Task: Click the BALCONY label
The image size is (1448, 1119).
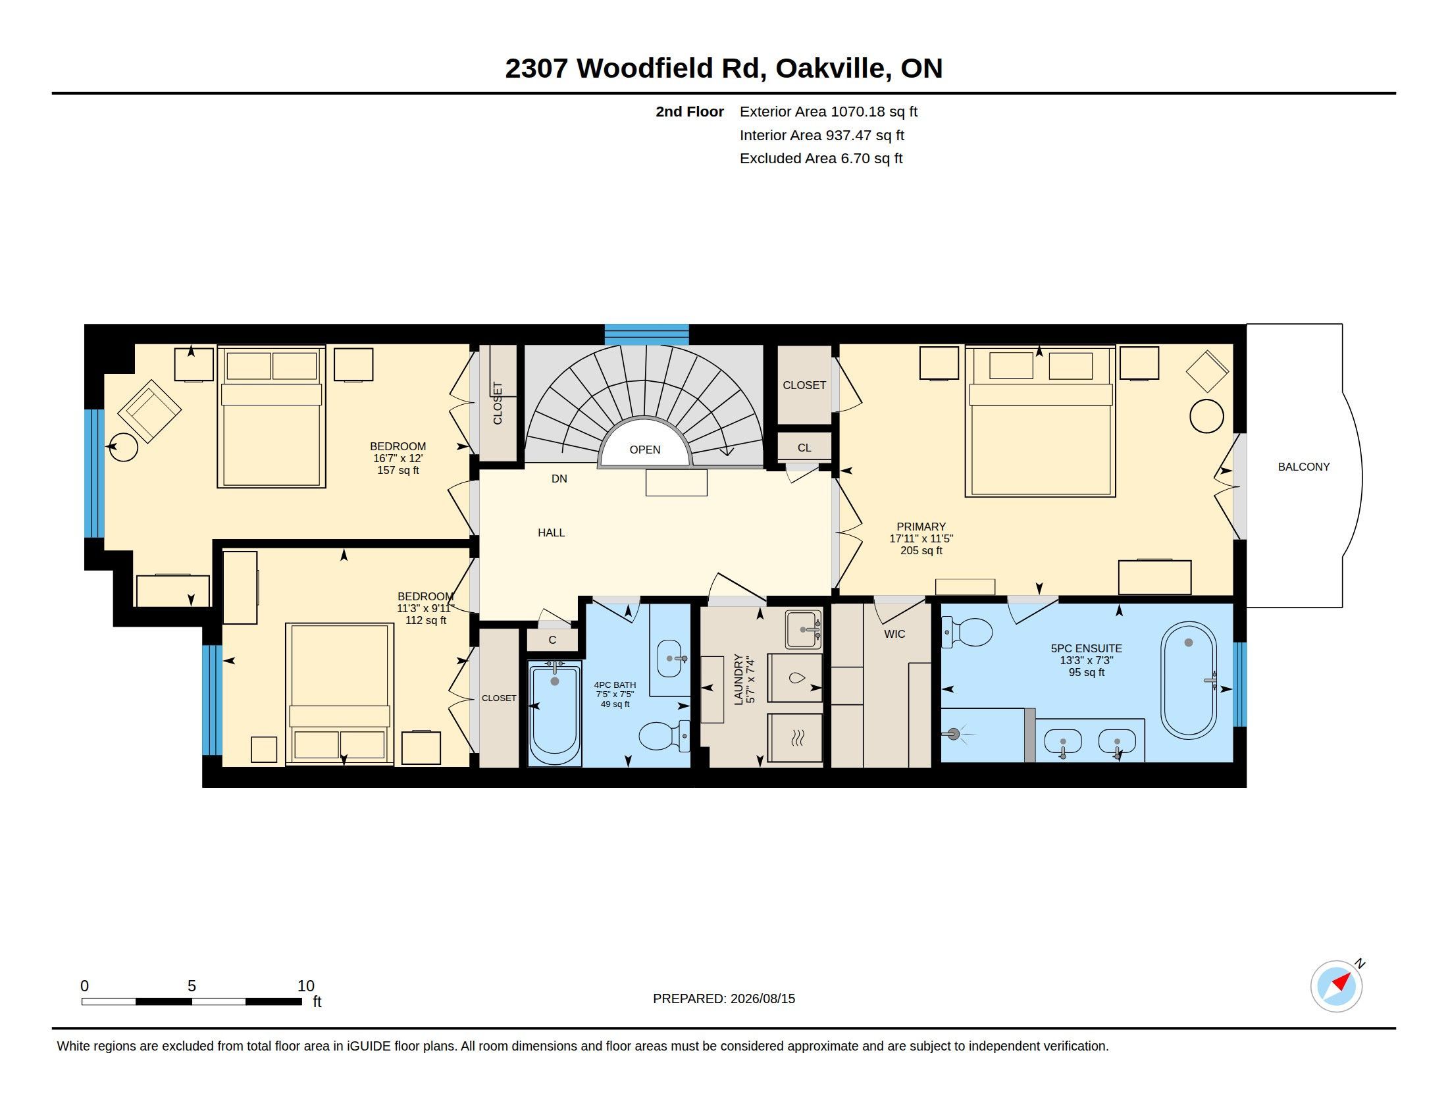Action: tap(1303, 467)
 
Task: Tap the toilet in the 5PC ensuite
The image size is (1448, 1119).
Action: tap(967, 632)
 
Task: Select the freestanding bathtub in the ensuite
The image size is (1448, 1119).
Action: tap(1189, 680)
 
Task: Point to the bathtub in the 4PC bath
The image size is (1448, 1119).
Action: tap(554, 714)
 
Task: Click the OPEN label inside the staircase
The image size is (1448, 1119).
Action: tap(644, 450)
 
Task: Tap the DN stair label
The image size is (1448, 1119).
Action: tap(559, 479)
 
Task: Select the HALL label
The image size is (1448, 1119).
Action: tap(551, 533)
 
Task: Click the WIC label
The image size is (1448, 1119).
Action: tap(894, 634)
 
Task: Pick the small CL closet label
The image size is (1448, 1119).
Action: tap(804, 448)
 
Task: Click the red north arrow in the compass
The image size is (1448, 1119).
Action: tap(1342, 981)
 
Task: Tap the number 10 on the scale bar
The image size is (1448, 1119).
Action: tap(305, 986)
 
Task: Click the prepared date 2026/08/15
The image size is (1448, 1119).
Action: tap(762, 999)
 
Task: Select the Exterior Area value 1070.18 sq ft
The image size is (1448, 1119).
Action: tap(874, 111)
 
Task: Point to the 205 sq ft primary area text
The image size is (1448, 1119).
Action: tap(921, 550)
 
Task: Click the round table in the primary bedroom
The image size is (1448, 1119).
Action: tap(1206, 416)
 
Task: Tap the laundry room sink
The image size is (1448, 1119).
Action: tap(804, 629)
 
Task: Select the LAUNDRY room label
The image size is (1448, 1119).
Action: tap(738, 679)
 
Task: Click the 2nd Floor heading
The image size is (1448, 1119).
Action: tap(690, 111)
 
